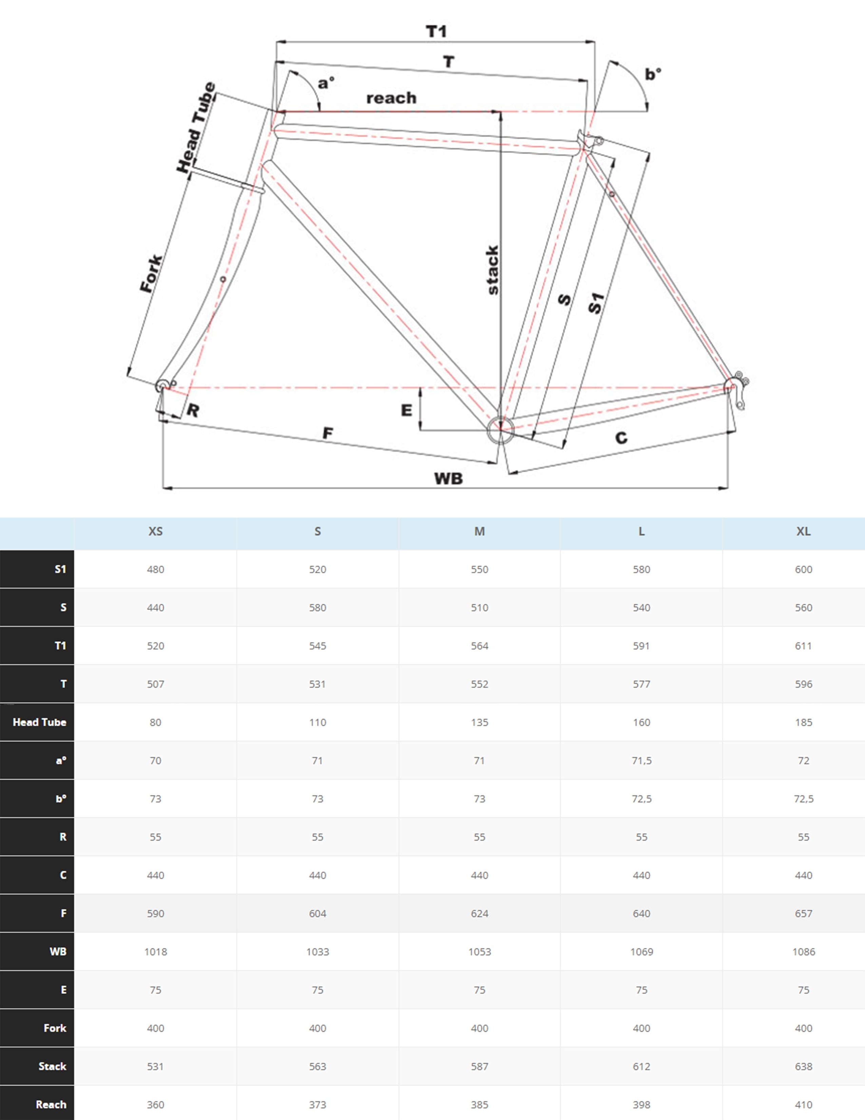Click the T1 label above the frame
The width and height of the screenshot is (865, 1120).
coord(436,32)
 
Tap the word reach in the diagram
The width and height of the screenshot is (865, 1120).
coord(391,98)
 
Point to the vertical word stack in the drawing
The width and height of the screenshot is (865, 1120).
coord(493,270)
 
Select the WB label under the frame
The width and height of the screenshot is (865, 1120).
coord(448,479)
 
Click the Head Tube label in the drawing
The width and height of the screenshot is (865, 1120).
coord(196,127)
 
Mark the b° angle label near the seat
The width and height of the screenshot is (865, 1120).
coord(652,74)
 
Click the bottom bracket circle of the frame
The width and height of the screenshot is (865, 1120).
coord(500,429)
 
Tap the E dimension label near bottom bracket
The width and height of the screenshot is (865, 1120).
coord(406,410)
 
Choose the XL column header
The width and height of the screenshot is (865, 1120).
coord(803,531)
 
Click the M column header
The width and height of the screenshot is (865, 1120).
coord(479,531)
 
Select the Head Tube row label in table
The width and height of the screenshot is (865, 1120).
coord(39,722)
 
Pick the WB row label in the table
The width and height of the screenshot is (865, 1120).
coord(58,951)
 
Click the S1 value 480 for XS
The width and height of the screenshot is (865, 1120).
coord(155,569)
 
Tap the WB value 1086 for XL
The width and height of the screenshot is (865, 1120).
coord(803,952)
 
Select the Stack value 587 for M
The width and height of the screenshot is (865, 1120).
coord(479,1066)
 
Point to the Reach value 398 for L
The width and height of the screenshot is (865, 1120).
coord(641,1105)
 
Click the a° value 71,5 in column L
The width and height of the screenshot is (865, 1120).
coord(641,761)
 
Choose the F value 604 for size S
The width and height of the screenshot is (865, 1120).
coord(317,913)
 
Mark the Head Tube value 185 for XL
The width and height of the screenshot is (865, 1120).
coord(803,722)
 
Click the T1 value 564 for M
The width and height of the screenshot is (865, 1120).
coord(479,646)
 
